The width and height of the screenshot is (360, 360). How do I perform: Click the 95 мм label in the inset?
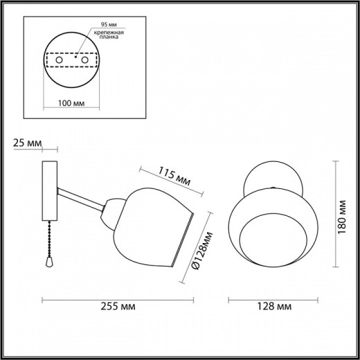109,24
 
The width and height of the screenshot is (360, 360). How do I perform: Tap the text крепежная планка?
109,35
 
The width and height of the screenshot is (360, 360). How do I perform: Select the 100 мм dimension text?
71,103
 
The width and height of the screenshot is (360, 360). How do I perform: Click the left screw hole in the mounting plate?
59,60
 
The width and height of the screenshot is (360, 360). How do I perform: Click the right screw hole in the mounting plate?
84,60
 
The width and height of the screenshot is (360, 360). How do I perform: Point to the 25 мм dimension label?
28,143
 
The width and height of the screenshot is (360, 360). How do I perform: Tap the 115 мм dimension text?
174,177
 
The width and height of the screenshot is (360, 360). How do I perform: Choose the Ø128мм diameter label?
202,251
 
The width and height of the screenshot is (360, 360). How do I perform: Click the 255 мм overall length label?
118,307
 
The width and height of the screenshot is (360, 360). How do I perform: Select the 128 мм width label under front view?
274,307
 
